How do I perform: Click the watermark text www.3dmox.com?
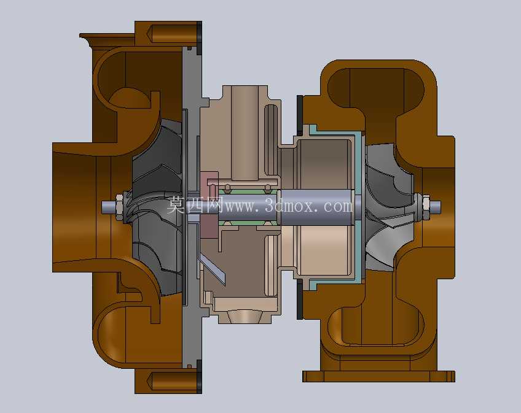tap(289, 206)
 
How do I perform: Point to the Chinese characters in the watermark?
tap(195, 206)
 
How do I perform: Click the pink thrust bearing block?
tap(209, 204)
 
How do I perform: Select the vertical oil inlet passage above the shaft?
tap(245, 133)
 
